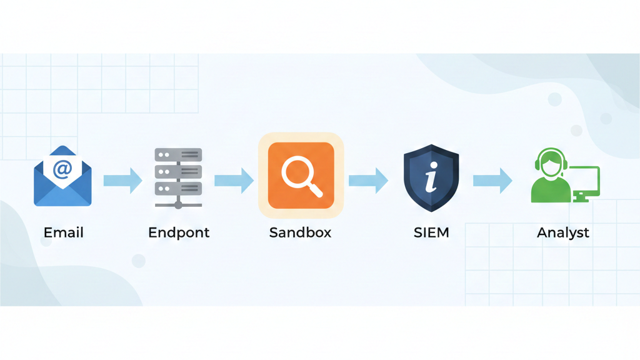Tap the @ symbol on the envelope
tap(62, 169)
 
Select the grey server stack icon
tap(178, 178)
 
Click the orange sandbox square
tap(301, 176)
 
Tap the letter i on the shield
tap(430, 178)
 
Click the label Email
tap(63, 233)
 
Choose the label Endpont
tap(179, 233)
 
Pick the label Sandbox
tap(300, 233)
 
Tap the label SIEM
tap(431, 233)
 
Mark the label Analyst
tap(562, 233)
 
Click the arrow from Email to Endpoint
tap(122, 181)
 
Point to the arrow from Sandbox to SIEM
tap(368, 181)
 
